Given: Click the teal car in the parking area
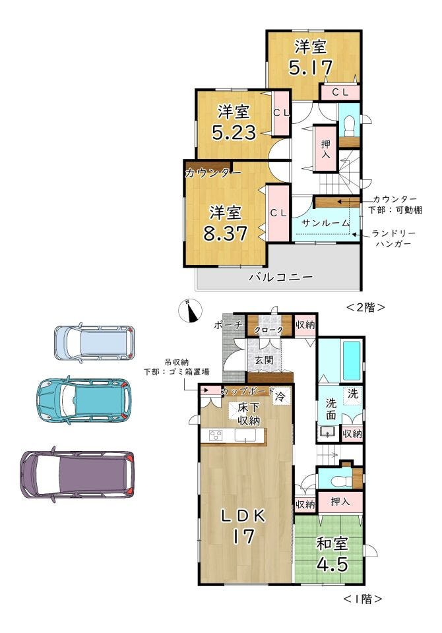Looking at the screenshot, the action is [84, 400].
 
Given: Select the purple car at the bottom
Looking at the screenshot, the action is [77, 474].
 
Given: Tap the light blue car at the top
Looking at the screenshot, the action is [94, 343].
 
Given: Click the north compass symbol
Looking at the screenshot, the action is [190, 311].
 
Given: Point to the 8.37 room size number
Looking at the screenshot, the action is [225, 233].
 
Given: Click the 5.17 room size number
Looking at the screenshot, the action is [310, 67].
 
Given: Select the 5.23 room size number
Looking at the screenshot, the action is [234, 132].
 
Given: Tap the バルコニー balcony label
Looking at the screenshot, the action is [281, 278].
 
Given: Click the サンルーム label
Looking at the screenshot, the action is [325, 223].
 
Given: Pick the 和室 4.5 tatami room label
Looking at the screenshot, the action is [332, 553].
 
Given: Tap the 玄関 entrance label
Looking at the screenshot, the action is [265, 360].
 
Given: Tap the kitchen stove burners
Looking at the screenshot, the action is [215, 436].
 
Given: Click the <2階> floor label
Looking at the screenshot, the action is [365, 308].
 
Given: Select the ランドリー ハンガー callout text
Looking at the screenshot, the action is [393, 239].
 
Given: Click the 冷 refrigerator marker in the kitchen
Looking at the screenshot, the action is [280, 396].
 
